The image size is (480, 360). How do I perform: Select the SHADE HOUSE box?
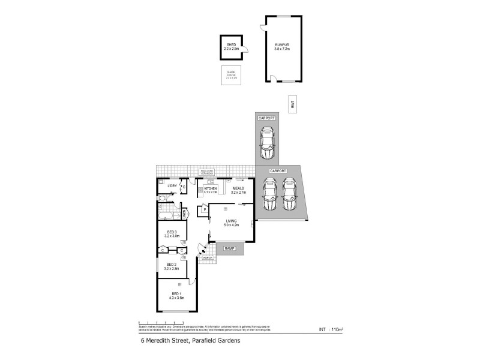(x=232, y=76)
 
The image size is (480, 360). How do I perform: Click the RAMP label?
(x=229, y=248)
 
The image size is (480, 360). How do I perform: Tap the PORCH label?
(x=208, y=258)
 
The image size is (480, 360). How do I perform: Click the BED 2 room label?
(x=170, y=265)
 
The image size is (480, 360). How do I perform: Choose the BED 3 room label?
(x=172, y=232)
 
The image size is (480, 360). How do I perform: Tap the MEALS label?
(x=239, y=189)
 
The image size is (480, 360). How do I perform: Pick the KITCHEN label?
(x=210, y=189)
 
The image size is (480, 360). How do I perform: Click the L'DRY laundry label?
(x=172, y=186)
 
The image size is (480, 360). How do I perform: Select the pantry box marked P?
(x=204, y=209)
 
